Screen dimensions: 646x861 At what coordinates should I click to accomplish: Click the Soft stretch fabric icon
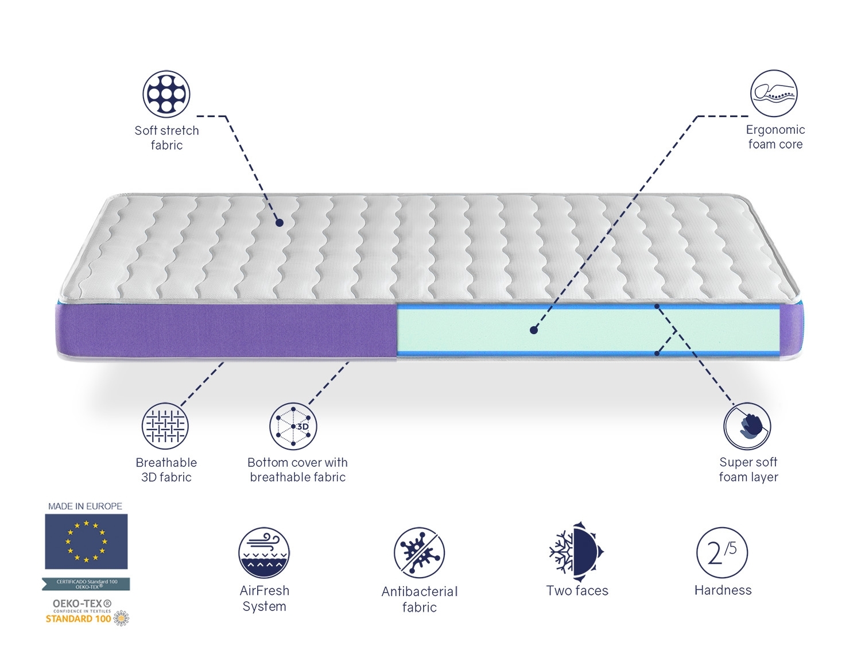166,94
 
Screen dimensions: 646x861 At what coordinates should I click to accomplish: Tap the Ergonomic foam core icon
774,94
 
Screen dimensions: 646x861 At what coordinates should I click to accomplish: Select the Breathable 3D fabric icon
165,426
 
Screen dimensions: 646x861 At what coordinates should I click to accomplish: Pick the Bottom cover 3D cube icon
293,426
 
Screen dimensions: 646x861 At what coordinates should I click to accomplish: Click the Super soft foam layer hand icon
747,426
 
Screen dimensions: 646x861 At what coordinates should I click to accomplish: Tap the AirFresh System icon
264,552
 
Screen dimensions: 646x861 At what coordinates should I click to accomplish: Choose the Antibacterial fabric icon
420,552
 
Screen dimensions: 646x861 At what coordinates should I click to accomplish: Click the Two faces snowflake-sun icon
576,549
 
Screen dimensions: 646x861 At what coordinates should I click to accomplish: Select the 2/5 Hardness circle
723,553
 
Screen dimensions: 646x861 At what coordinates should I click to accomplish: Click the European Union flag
86,541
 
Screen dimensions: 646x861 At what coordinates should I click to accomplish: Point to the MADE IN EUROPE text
85,506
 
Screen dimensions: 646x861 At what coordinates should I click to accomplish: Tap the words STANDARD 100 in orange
78,619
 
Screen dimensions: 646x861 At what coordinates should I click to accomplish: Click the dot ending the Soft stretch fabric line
279,223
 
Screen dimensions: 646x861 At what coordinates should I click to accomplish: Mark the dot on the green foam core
534,330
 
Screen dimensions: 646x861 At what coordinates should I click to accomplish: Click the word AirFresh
265,590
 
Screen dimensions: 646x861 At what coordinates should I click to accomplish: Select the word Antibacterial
420,591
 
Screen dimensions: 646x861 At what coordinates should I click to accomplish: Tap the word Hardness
723,590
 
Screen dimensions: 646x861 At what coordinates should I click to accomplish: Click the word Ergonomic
775,130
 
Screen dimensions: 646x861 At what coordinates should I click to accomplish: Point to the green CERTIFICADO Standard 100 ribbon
86,584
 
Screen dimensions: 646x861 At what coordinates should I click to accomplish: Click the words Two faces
577,590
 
